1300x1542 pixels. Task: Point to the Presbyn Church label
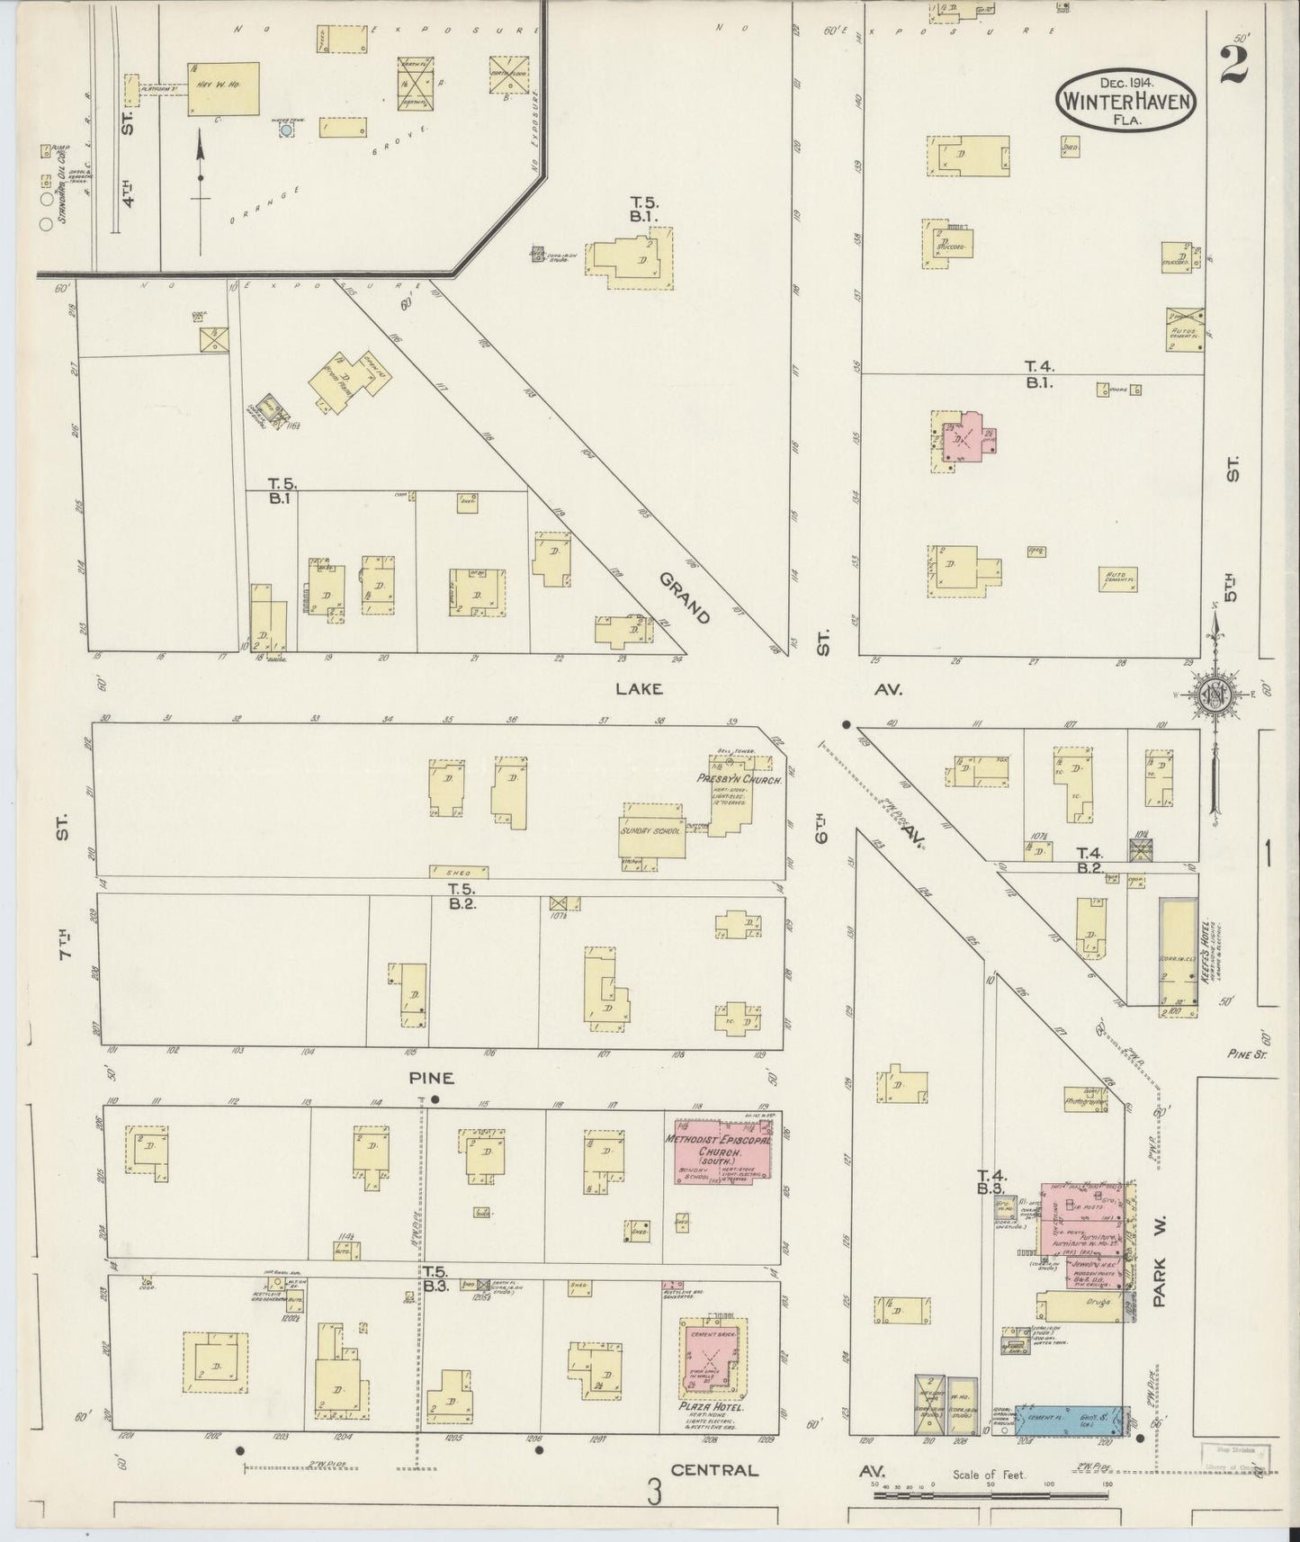click(738, 779)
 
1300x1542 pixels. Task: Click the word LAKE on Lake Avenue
click(639, 689)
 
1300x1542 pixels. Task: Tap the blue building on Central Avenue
click(1071, 1419)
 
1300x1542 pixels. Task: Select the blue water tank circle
click(286, 130)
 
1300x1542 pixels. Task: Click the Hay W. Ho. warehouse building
click(223, 88)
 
